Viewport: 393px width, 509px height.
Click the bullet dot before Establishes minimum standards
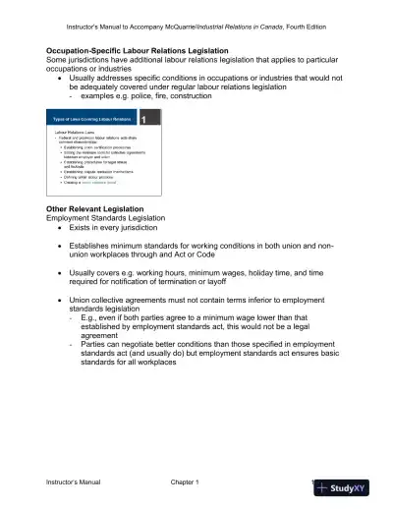tap(61, 251)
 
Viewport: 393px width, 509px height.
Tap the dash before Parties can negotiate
tap(71, 347)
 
